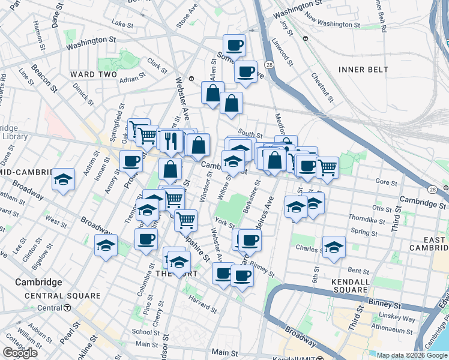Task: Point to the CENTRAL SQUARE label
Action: click(x=63, y=296)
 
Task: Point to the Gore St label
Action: click(x=382, y=181)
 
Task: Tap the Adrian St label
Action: click(x=132, y=79)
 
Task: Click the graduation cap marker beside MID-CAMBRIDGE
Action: click(x=63, y=179)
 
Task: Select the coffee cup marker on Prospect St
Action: click(x=131, y=161)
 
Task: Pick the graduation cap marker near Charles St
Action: click(x=334, y=247)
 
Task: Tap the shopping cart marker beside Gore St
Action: click(x=327, y=167)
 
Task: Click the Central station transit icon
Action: click(x=67, y=308)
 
